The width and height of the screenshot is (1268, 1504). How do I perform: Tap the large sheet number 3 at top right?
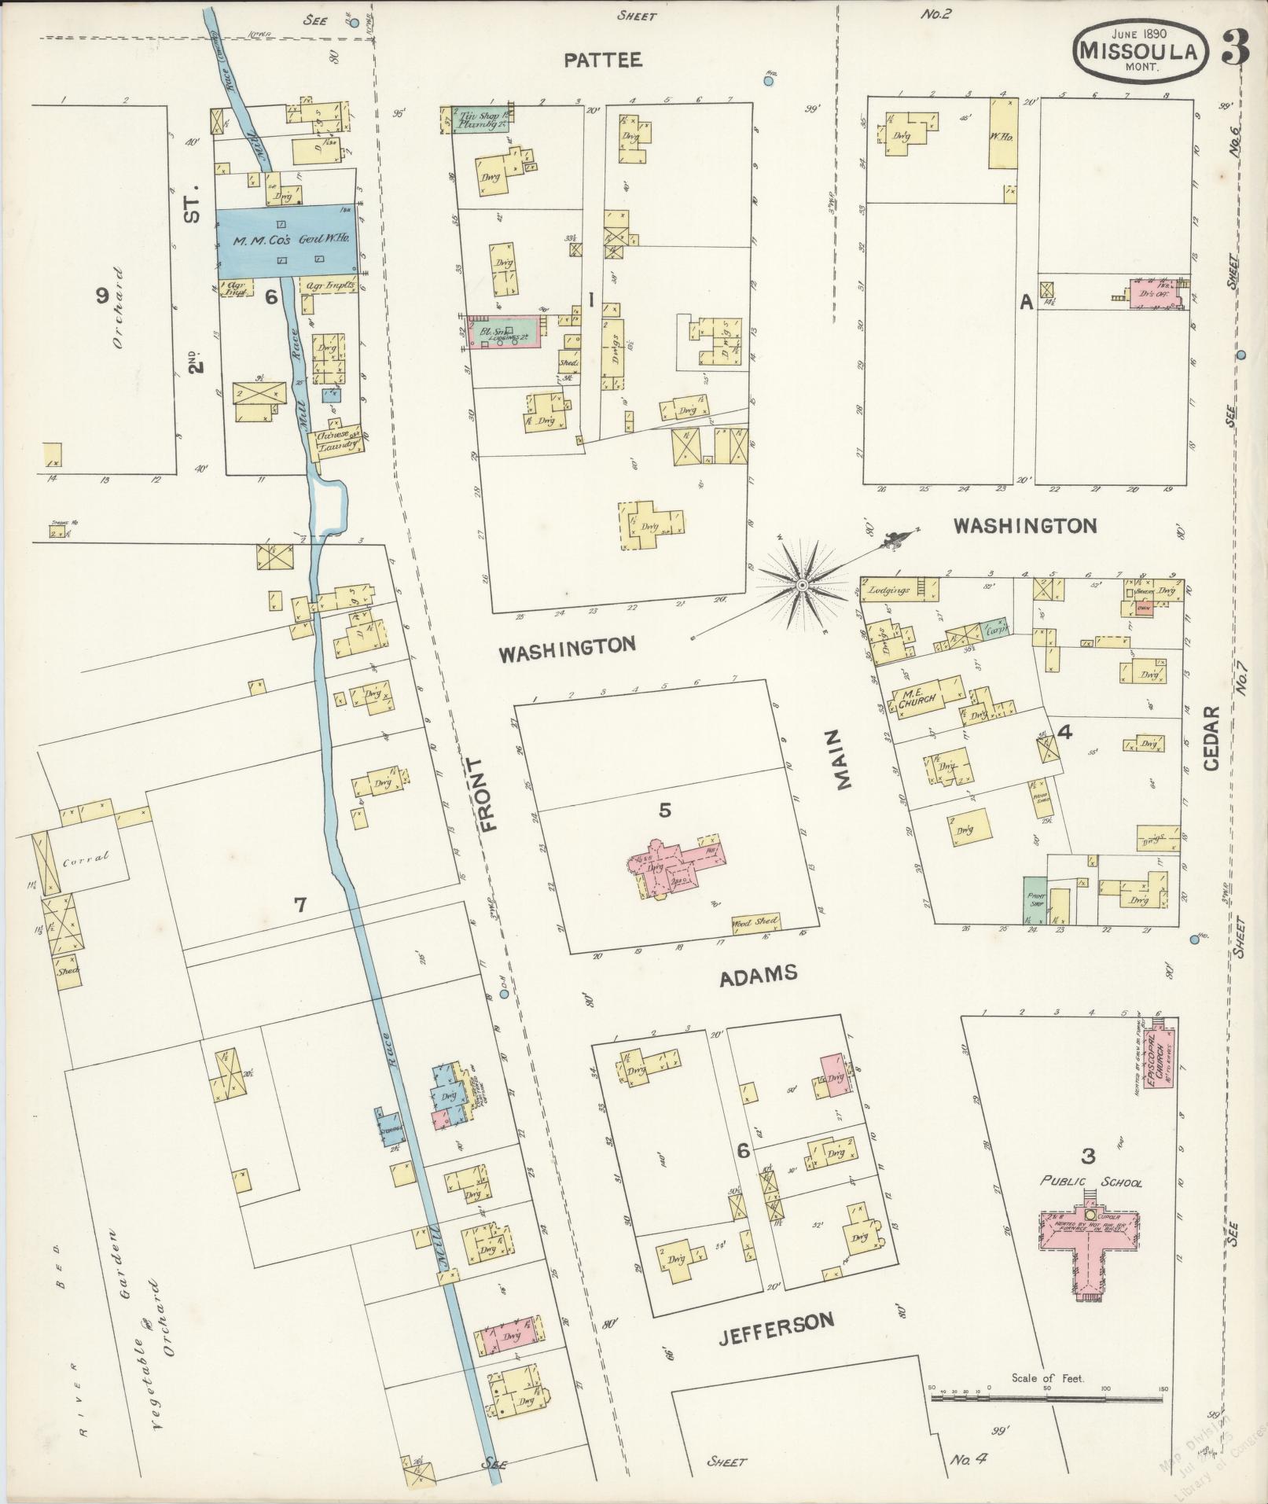point(1237,49)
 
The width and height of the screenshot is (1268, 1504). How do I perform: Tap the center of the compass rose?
point(802,586)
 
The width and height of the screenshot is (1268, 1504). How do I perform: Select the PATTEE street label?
point(603,61)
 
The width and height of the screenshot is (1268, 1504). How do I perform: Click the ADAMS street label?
point(759,975)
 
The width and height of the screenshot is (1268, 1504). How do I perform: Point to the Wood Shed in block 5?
point(755,921)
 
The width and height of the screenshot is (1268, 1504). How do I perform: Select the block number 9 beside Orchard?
point(101,296)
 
